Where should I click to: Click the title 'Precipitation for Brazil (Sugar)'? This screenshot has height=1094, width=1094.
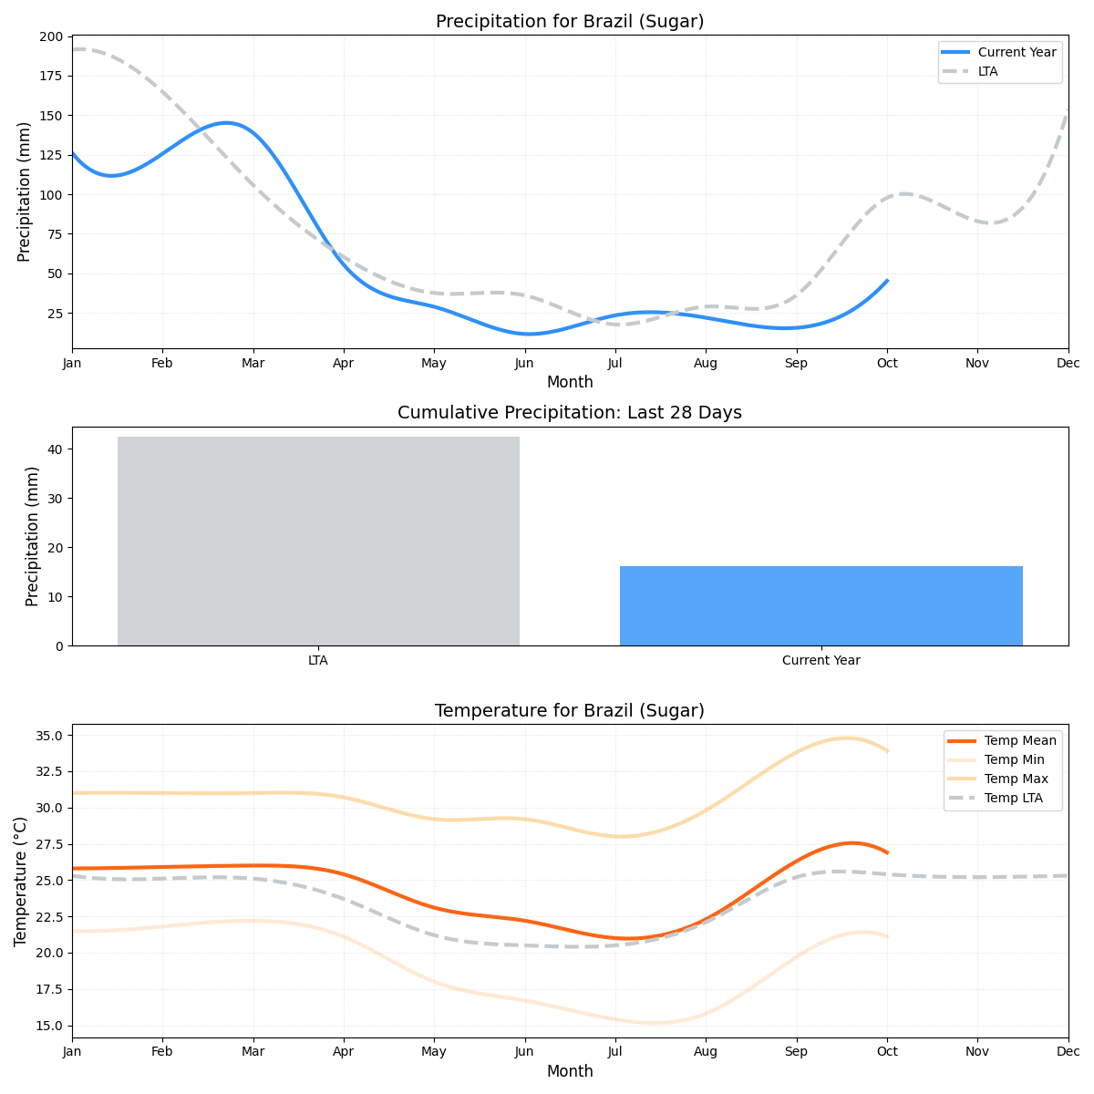tap(570, 22)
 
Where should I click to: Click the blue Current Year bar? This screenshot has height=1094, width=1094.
tap(820, 605)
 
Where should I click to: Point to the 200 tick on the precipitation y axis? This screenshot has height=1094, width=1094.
tap(52, 36)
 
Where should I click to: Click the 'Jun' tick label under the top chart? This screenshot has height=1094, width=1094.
tap(524, 363)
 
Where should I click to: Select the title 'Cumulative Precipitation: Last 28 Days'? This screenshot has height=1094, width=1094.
tap(570, 413)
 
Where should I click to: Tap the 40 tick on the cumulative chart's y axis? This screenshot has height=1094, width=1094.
tap(54, 449)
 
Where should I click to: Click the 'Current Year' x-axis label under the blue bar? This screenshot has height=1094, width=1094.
tap(820, 660)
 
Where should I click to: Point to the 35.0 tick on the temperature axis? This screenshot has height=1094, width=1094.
tap(47, 736)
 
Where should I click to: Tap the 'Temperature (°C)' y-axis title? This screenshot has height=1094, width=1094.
tap(21, 881)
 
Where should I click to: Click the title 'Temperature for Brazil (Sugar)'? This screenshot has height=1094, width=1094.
tap(570, 711)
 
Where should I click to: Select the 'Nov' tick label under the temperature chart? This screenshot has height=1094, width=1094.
tap(977, 1052)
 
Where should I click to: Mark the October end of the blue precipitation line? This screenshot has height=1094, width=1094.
tap(887, 281)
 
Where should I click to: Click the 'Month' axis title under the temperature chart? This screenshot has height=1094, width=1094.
tap(570, 1072)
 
